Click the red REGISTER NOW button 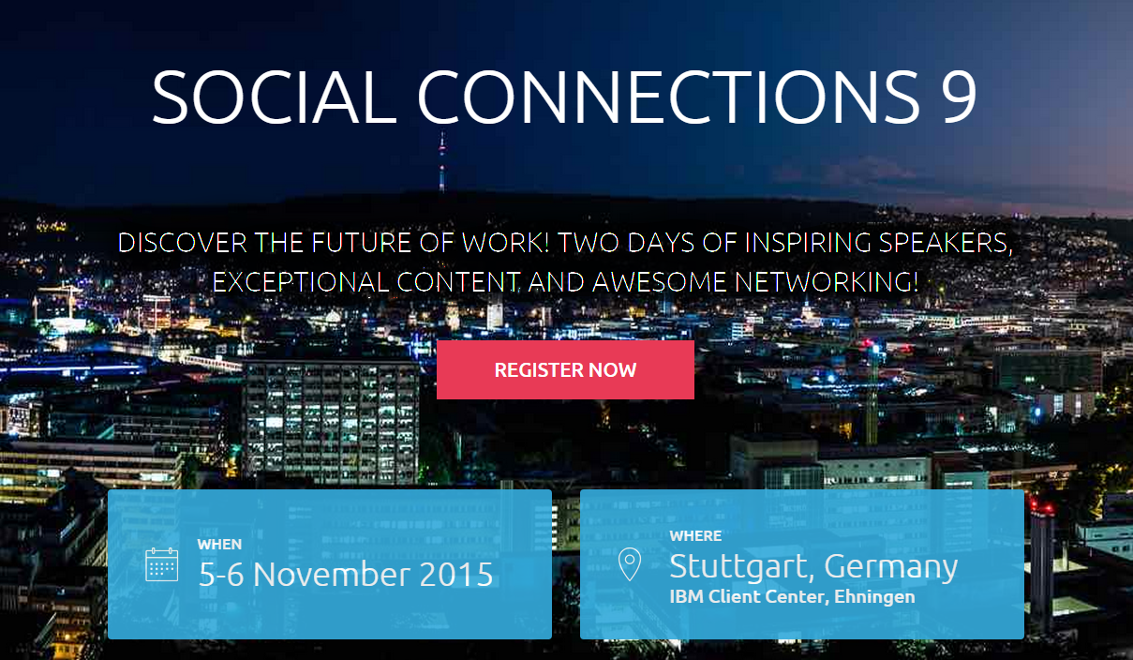565,369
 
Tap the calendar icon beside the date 162,564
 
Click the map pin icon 630,563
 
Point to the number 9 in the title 959,97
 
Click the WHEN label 219,544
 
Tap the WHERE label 695,535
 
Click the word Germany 891,567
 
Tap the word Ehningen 874,597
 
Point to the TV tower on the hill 442,162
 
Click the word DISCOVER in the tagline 183,243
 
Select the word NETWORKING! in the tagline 827,282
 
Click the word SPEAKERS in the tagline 946,243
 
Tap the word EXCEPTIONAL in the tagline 301,282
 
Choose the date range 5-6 221,574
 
